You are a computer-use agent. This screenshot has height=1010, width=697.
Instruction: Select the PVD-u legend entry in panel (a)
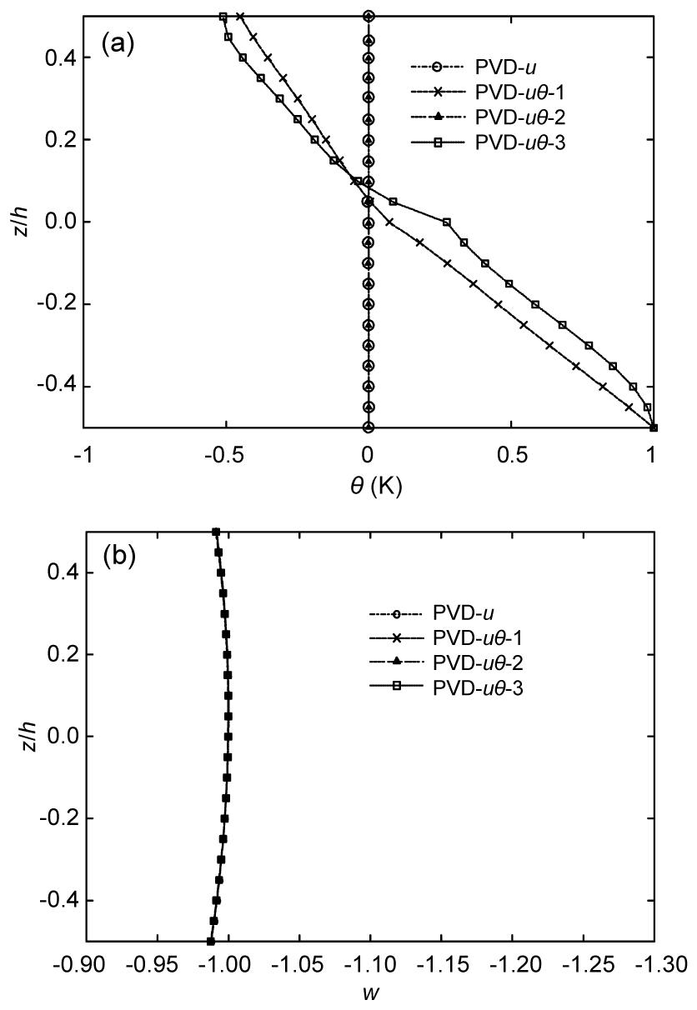(x=474, y=67)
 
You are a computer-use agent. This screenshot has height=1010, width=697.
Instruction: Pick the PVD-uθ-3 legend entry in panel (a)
(x=488, y=143)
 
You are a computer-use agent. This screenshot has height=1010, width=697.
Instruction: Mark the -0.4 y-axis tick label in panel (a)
(x=57, y=387)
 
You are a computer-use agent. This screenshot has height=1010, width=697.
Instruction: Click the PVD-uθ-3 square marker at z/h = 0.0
(x=447, y=222)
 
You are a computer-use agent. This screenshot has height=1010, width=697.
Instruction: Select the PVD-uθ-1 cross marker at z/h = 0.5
(x=240, y=17)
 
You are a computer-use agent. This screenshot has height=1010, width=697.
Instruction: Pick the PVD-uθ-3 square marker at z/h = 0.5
(x=223, y=17)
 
